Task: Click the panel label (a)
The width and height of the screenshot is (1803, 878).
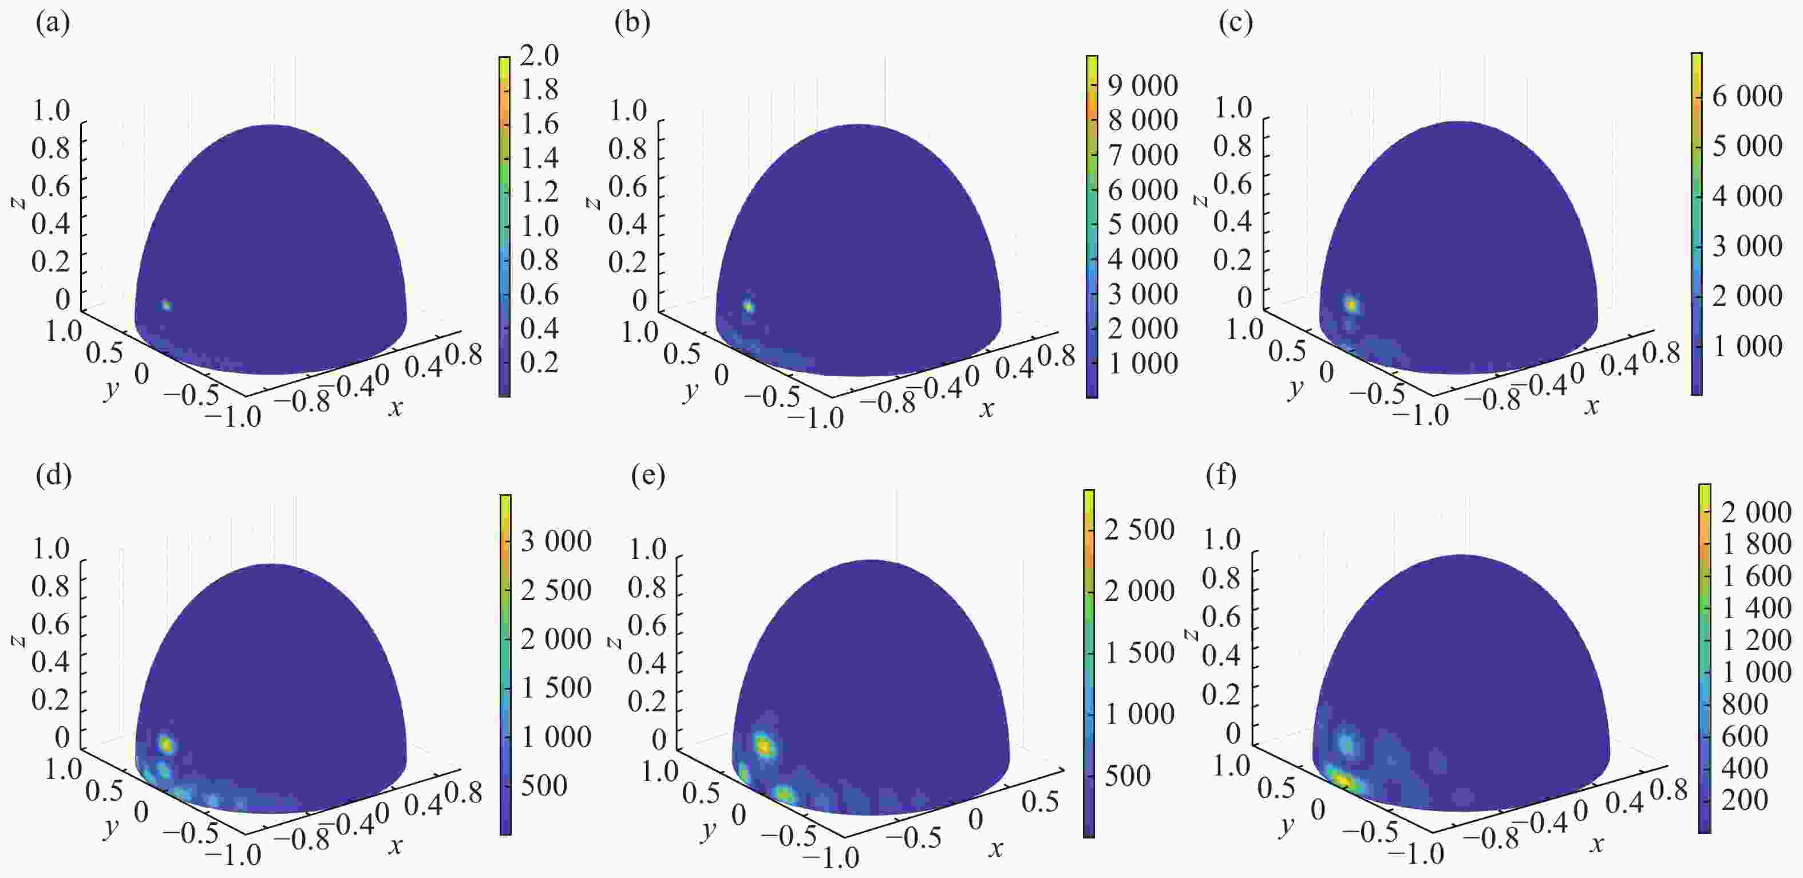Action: click(53, 24)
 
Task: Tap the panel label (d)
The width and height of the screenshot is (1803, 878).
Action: click(53, 475)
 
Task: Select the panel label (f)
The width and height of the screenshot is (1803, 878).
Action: click(1221, 475)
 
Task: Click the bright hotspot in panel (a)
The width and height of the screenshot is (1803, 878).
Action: click(166, 305)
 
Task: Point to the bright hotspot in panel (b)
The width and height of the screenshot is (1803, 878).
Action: click(749, 306)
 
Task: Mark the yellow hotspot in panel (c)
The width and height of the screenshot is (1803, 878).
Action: click(1351, 305)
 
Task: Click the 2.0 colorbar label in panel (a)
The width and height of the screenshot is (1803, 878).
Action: click(539, 56)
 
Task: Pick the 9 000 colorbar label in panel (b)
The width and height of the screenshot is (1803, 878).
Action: click(1143, 85)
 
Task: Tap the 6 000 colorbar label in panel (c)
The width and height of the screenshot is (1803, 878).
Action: click(1746, 96)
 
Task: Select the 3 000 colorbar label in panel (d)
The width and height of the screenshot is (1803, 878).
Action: click(556, 541)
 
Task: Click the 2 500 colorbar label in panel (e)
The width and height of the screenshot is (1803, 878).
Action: click(1140, 529)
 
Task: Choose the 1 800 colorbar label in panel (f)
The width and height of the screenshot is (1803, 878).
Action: click(1756, 544)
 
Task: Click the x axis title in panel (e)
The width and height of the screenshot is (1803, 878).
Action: click(995, 849)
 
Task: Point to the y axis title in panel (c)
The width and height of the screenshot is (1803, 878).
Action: click(1295, 387)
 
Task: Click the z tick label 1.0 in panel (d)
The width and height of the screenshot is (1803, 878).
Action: click(51, 548)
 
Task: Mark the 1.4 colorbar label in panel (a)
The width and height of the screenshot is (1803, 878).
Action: click(539, 158)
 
